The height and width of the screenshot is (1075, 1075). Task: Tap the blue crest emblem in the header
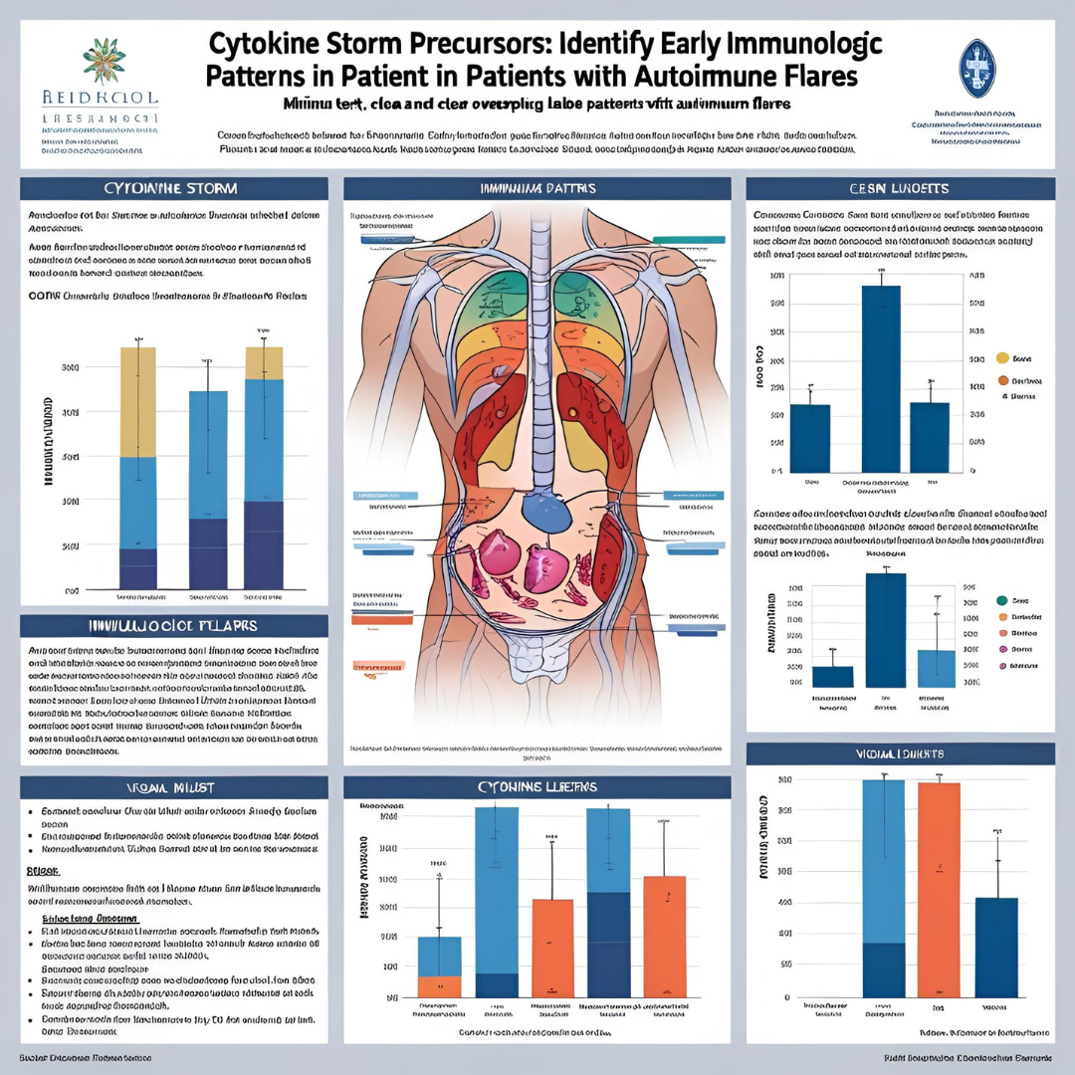click(975, 68)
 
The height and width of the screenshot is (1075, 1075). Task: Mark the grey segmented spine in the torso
click(538, 348)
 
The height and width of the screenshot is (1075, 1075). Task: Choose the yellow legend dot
click(1002, 357)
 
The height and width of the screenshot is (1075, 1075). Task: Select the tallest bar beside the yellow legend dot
click(880, 378)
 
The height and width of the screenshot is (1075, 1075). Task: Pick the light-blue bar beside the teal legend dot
click(936, 668)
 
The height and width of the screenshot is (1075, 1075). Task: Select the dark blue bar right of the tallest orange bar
click(996, 947)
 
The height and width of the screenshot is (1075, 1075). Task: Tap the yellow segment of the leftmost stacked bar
click(137, 402)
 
